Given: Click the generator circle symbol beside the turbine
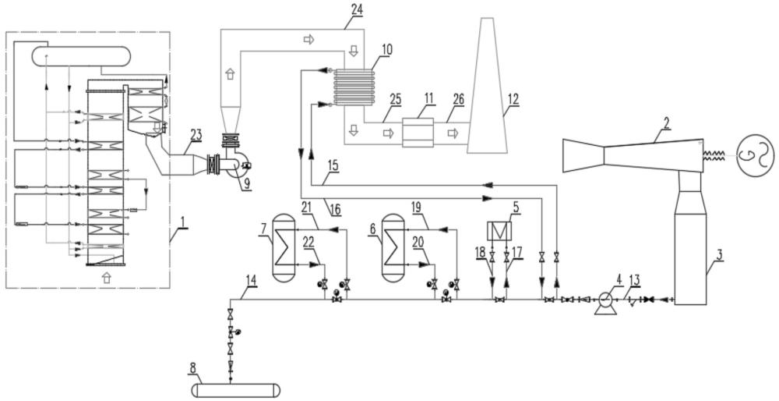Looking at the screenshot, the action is click(755, 155).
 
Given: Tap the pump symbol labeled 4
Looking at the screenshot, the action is click(605, 301).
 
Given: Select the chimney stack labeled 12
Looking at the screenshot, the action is click(488, 85).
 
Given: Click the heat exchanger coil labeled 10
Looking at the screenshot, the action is click(354, 87).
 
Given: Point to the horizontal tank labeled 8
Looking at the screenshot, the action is click(237, 390).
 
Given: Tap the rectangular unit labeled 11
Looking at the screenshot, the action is click(418, 133).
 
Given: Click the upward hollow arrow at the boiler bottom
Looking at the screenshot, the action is click(106, 278).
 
